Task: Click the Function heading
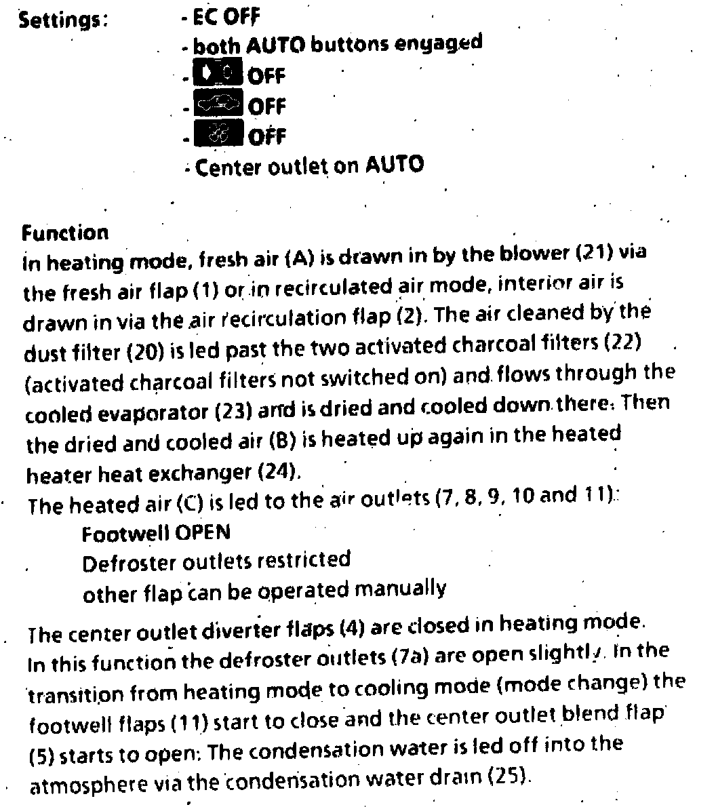coord(65,233)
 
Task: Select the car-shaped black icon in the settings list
coord(218,104)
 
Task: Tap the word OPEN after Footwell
coord(203,532)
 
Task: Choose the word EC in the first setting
coord(203,16)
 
